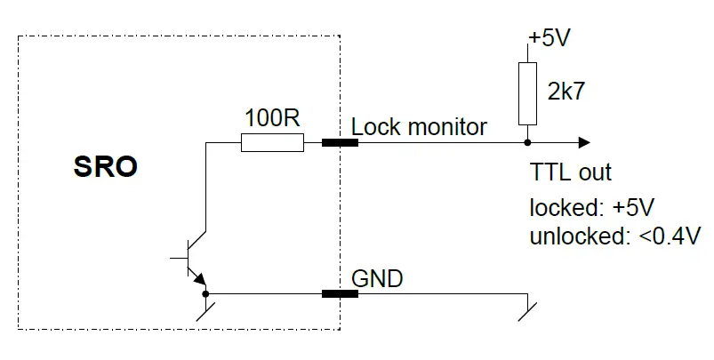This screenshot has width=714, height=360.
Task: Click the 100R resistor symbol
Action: [x=272, y=142]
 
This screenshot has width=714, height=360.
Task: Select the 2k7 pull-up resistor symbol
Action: [x=527, y=94]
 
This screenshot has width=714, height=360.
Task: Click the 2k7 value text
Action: [x=566, y=92]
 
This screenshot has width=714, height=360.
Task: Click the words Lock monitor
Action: [x=419, y=126]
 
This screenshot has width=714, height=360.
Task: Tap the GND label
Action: [x=377, y=278]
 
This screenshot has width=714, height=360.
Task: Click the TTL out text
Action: [x=570, y=172]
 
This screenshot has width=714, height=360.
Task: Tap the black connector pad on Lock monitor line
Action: [x=340, y=142]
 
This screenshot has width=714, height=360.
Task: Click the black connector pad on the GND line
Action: [x=340, y=293]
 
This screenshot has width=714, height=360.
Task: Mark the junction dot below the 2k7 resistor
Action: [x=527, y=142]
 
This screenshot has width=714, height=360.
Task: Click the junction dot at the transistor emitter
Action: [x=206, y=293]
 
